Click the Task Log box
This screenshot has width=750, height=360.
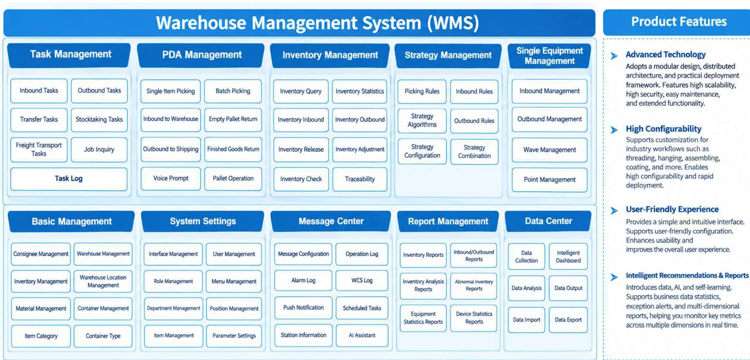coord(68,179)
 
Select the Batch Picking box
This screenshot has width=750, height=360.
coord(232,91)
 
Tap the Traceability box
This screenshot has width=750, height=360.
coord(360,179)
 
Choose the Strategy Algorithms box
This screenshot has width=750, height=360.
coord(422,120)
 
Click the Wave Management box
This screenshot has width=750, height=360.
coord(549,150)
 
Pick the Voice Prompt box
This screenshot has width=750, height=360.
coord(171,179)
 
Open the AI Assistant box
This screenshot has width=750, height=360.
coord(362,335)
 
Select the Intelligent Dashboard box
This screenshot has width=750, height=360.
coord(568,256)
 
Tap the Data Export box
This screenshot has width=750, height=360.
coord(568,320)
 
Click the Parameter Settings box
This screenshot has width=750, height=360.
coord(234,336)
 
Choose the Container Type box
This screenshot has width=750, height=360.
coord(103,336)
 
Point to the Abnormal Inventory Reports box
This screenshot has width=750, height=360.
coord(474,285)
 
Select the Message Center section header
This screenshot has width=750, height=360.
coord(331,221)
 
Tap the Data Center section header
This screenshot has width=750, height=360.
coord(548,221)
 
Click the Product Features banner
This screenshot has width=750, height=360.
coord(678,22)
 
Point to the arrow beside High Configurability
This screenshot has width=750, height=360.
coord(614,129)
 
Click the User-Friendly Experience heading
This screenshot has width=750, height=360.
coord(672,210)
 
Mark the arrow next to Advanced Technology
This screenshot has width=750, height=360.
coord(614,56)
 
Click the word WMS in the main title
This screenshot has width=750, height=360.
coord(453,23)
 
